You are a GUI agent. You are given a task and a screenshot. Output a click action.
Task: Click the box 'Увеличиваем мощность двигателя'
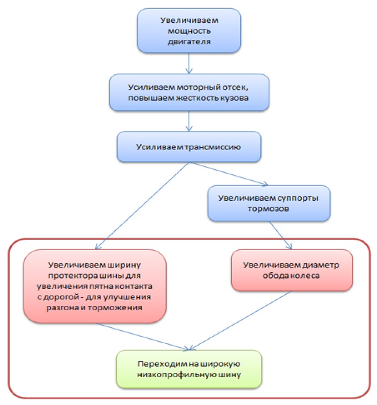coord(189,30)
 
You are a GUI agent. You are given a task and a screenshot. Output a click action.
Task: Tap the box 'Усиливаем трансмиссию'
coord(189,147)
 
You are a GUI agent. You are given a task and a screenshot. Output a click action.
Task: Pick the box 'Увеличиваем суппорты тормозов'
coord(269,203)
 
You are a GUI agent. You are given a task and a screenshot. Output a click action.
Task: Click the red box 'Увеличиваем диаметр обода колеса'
coord(292,270)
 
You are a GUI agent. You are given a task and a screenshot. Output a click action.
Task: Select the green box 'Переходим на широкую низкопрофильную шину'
coord(189,368)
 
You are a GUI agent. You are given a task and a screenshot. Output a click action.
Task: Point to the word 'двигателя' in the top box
coord(189,41)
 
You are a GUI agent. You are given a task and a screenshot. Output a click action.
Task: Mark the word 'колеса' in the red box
coord(304,275)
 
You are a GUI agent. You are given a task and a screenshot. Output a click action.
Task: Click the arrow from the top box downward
coord(189,63)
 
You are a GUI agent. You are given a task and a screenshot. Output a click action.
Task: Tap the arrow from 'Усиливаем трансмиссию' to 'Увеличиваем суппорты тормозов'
coord(228,173)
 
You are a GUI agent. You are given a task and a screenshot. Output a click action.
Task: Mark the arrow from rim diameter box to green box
coord(240,320)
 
